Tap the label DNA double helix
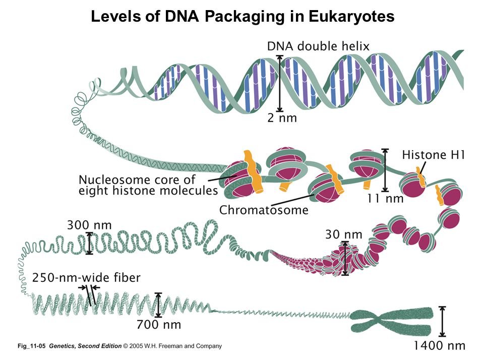pos(318,46)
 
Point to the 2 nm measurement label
pos(282,118)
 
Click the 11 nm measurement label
pos(385,199)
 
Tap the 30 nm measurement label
pos(343,234)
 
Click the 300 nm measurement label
pos(89,224)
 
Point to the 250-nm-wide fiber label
pos(86,277)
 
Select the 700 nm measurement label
pos(158,325)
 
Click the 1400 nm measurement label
pos(439,345)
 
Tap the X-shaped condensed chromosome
pos(391,321)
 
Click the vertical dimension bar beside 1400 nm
pos(443,321)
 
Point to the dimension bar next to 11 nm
pos(386,170)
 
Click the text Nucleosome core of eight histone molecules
pos(148,185)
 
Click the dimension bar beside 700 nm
pos(159,306)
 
